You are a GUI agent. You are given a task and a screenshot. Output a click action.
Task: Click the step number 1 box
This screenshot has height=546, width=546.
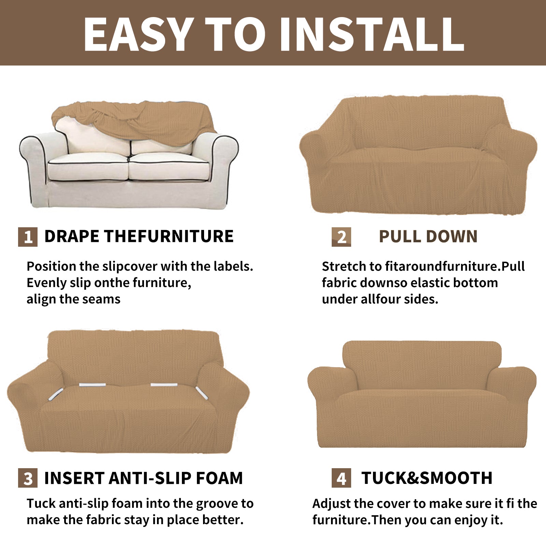point(28,237)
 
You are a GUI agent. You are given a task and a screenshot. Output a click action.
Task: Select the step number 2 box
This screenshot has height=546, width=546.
point(341,237)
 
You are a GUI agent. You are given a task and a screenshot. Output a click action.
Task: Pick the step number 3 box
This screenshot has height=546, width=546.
point(28,478)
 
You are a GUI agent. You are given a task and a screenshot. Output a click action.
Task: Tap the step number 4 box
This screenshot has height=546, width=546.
point(341,478)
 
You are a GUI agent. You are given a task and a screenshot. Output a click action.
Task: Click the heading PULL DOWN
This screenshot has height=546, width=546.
point(428,237)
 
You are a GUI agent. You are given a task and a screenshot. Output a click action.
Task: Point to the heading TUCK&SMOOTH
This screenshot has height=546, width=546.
point(427,478)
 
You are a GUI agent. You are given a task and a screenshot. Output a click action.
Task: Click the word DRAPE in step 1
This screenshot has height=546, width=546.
point(72,236)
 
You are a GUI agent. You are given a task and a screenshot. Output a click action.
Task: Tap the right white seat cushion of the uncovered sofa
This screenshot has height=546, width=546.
point(169,167)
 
